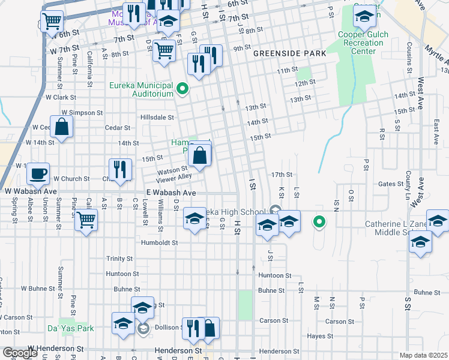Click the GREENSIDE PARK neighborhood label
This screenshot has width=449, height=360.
(x=289, y=53)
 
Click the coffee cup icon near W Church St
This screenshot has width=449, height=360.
(x=38, y=173)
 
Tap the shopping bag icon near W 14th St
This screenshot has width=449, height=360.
(x=61, y=127)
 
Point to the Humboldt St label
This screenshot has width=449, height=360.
(x=159, y=243)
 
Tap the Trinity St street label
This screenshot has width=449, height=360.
(x=119, y=259)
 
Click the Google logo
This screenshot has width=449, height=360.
(x=20, y=353)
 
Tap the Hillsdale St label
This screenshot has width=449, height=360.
(x=157, y=118)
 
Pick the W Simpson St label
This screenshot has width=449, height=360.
(x=79, y=113)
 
